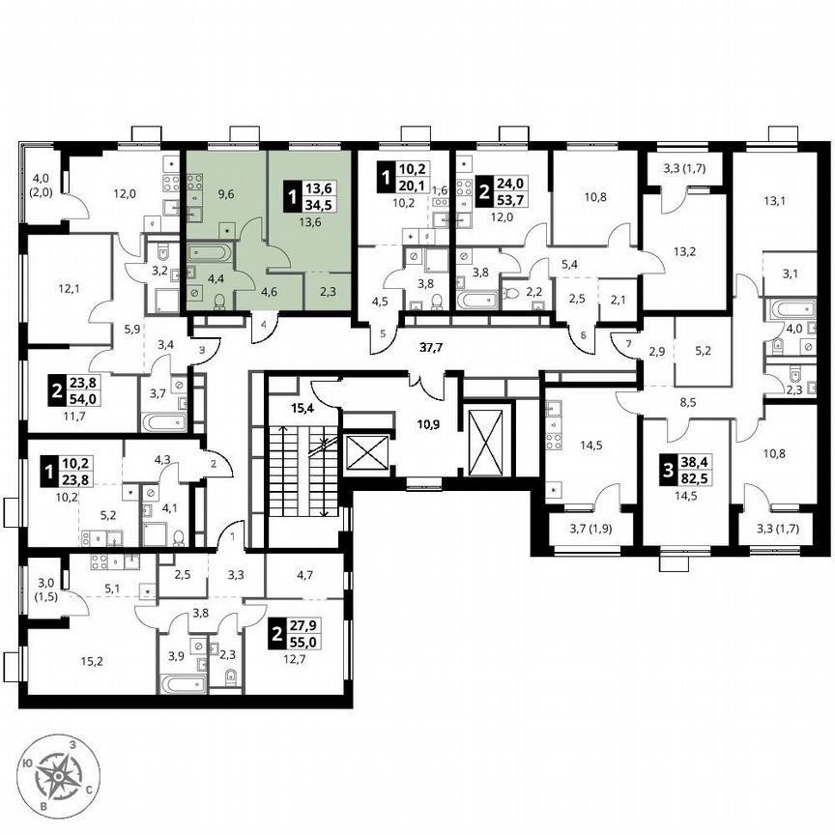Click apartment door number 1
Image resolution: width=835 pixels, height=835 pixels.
click(x=232, y=533)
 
